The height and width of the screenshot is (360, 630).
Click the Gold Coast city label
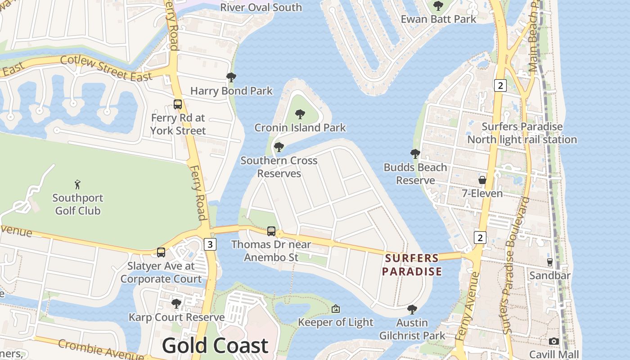click(x=215, y=346)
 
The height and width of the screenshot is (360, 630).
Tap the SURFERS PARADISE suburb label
click(x=412, y=265)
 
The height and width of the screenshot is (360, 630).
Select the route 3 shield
click(x=210, y=244)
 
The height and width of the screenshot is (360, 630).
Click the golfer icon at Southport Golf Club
click(x=77, y=184)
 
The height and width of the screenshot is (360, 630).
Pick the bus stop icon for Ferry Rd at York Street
click(x=178, y=104)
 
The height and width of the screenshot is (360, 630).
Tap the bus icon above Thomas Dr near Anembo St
click(x=271, y=231)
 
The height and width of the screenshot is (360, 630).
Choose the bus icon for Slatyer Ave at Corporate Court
click(x=161, y=252)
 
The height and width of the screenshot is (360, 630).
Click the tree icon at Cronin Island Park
click(x=300, y=114)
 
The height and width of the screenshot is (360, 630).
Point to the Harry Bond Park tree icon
click(x=231, y=77)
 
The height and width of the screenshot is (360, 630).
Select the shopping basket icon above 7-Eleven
click(x=482, y=180)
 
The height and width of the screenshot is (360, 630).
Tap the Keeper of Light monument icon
click(x=335, y=309)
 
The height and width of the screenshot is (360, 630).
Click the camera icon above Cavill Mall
click(x=554, y=341)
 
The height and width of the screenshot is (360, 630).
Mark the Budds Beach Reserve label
click(x=415, y=174)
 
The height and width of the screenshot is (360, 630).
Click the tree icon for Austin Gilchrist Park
click(x=412, y=310)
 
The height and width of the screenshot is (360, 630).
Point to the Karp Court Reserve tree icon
click(x=176, y=304)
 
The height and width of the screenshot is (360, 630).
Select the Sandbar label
click(x=550, y=275)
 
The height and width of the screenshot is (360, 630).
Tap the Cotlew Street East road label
click(x=106, y=68)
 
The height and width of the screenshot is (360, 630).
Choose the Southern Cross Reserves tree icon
click(x=279, y=147)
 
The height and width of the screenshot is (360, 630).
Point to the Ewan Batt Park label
click(x=438, y=19)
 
